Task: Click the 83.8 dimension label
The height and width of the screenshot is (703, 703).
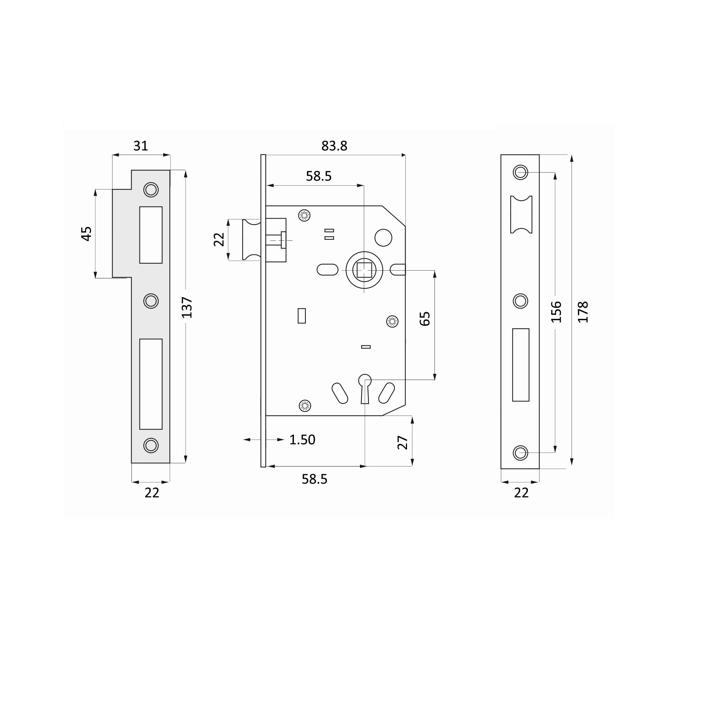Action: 334,146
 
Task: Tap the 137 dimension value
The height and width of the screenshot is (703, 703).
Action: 187,308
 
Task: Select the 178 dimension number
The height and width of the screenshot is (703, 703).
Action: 583,312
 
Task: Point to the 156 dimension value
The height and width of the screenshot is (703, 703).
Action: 556,312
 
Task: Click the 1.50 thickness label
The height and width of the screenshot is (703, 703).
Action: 302,440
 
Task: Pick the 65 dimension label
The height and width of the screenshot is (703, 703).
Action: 425,319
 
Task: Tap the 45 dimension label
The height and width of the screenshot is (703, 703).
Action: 86,234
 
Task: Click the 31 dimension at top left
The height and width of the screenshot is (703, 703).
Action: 141,146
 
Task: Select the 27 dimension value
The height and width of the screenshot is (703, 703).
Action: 402,443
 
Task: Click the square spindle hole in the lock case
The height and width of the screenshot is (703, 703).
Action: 364,270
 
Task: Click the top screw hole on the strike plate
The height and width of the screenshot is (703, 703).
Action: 151,189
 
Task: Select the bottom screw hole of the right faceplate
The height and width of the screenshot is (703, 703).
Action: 520,453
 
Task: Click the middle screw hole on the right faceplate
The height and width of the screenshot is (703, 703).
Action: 520,301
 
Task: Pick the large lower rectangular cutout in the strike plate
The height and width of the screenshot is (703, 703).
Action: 151,384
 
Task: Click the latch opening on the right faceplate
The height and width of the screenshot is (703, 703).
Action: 521,214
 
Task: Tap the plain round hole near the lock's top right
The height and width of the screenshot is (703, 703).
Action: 383,238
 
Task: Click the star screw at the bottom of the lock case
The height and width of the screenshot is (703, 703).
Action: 304,405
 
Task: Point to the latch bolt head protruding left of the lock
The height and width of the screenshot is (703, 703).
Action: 251,239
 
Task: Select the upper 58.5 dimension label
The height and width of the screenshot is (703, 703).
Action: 318,176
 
